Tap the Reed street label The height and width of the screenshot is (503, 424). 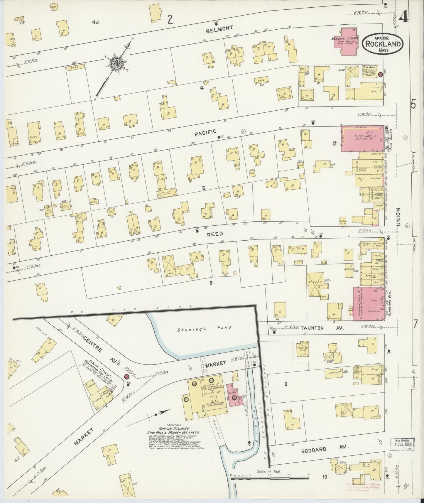(x=215, y=234)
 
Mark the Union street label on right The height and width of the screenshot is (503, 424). (x=398, y=217)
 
